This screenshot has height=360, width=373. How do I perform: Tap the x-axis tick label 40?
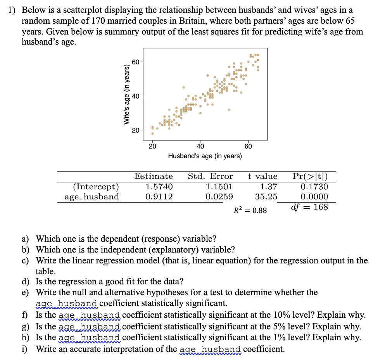(x=200, y=146)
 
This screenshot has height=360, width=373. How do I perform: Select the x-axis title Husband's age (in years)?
(x=205, y=156)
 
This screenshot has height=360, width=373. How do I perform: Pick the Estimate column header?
(x=154, y=177)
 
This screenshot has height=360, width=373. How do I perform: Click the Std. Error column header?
(x=210, y=177)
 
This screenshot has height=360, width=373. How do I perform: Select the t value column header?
(x=262, y=177)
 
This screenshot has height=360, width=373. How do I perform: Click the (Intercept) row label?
(x=96, y=187)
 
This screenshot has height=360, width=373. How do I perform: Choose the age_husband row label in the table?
(x=92, y=197)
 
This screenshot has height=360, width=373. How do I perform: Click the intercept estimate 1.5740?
(x=159, y=187)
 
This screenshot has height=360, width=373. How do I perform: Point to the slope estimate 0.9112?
(x=159, y=197)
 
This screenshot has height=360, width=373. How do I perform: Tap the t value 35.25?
(x=266, y=197)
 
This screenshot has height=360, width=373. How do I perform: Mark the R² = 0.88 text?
(x=250, y=211)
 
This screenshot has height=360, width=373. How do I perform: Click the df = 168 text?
(x=309, y=207)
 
